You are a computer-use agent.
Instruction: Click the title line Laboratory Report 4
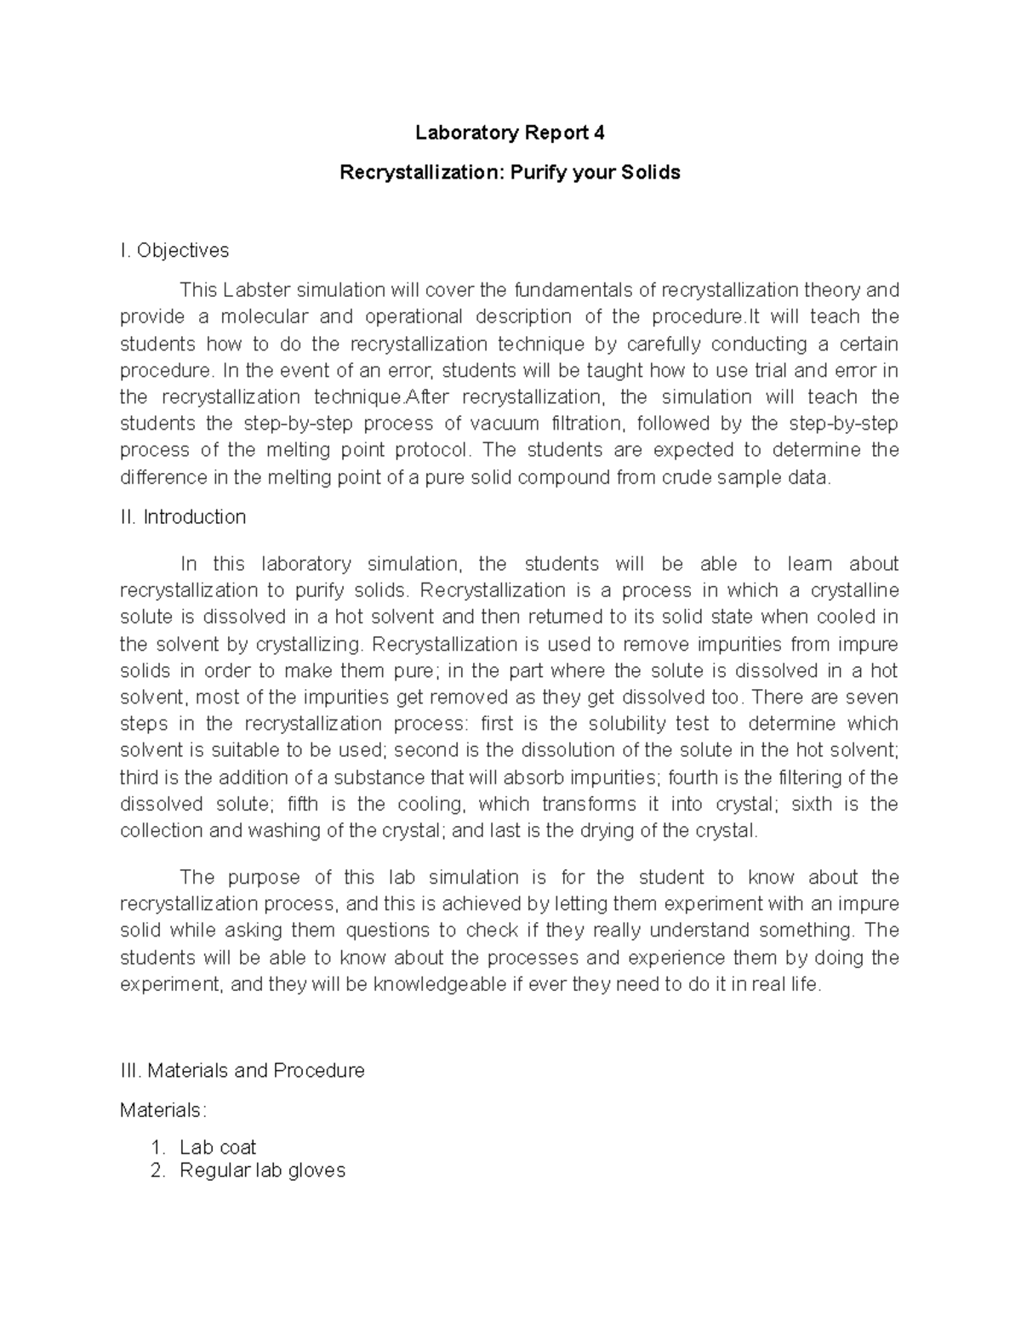[x=510, y=133]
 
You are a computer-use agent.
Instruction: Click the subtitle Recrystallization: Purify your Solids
[x=510, y=173]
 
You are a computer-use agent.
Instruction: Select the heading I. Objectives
[x=174, y=250]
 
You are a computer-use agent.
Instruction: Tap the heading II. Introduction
[x=183, y=517]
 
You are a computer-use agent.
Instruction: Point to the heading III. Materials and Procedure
[x=242, y=1070]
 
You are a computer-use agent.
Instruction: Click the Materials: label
[x=163, y=1110]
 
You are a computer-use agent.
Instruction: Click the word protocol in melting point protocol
[x=430, y=450]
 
